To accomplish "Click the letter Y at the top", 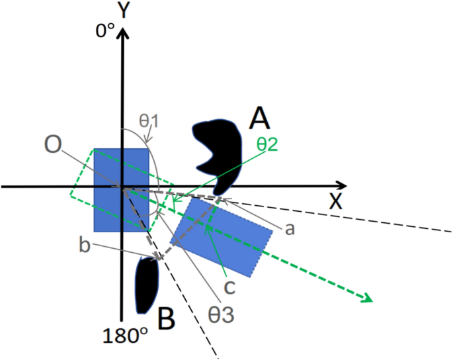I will pyautogui.click(x=122, y=11).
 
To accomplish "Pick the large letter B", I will pyautogui.click(x=166, y=320).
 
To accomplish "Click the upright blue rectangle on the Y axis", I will pyautogui.click(x=120, y=190).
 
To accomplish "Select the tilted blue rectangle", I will pyautogui.click(x=222, y=236).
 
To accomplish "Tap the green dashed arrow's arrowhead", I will pyautogui.click(x=363, y=299).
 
